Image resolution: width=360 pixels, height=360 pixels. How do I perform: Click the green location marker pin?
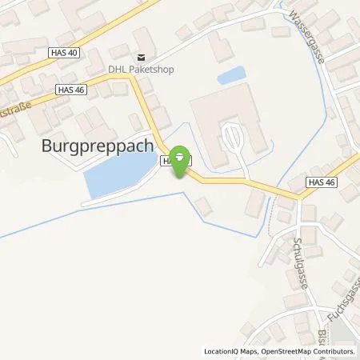pos(182,157)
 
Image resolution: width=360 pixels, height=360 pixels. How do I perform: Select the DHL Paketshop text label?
pos(142,69)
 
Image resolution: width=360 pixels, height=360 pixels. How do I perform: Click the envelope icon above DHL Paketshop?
pos(142,57)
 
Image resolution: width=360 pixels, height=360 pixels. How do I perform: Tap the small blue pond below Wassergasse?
pos(230,76)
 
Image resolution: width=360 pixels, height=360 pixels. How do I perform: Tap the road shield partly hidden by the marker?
pos(169,161)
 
